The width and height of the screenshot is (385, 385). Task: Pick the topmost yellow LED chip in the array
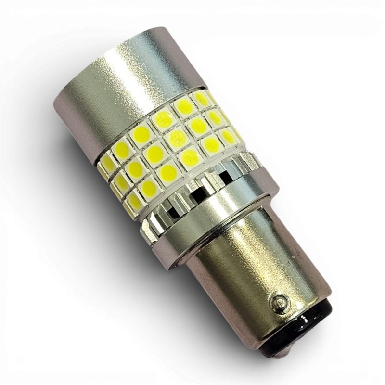[201, 99]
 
